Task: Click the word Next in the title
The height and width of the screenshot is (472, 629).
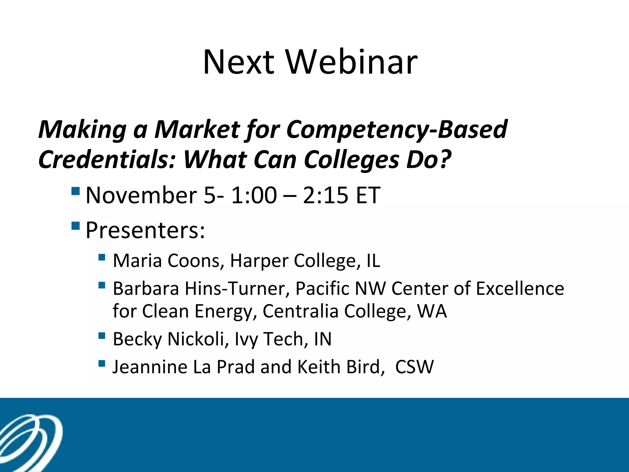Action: point(239,62)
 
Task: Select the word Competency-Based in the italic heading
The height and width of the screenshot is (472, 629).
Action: point(397,129)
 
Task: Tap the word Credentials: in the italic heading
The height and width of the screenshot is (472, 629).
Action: point(107,160)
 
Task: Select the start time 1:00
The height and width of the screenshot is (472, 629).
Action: point(254,195)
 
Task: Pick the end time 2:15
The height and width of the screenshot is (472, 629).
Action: point(326,195)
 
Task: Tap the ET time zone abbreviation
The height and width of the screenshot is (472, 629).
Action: point(368,195)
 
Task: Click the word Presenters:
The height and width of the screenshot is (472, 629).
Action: point(145,230)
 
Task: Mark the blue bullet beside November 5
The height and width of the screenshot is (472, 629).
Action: point(75,191)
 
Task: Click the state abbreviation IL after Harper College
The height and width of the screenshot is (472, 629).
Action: point(373,261)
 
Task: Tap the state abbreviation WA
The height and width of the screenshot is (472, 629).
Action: point(432,311)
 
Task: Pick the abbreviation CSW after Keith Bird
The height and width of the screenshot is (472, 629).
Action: point(414,367)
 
